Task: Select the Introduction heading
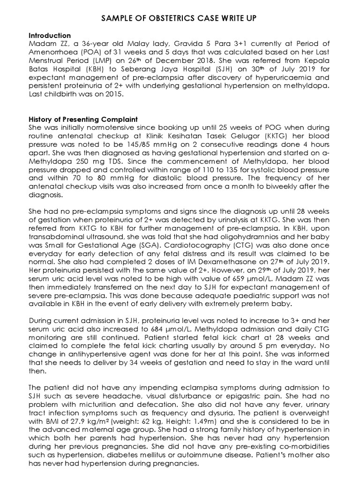[50, 36]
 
